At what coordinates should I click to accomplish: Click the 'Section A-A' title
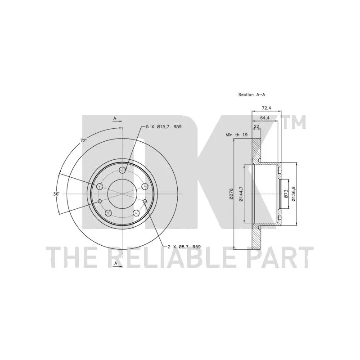click(x=252, y=94)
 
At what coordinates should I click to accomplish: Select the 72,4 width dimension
click(x=266, y=108)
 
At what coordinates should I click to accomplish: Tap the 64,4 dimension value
click(x=265, y=118)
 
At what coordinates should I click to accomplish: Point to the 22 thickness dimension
click(x=256, y=126)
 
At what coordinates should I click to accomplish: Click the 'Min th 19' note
click(x=237, y=135)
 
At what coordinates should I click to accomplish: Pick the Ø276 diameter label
click(x=231, y=193)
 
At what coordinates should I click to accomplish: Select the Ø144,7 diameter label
click(x=241, y=194)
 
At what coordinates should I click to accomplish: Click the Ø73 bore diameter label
click(x=286, y=194)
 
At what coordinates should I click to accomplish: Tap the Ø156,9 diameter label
click(x=294, y=194)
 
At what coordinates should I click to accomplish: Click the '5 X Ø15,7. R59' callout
click(x=164, y=126)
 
